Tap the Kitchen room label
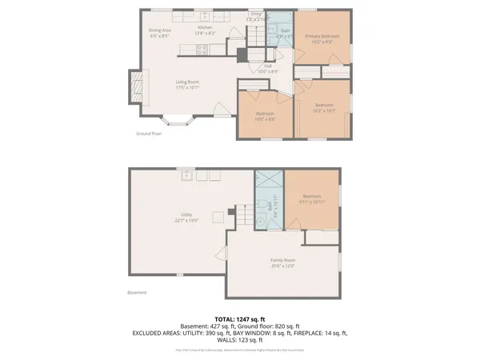[x=206, y=30]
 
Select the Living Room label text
[x=187, y=83]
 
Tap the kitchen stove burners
[x=202, y=50]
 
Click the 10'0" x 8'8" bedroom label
[x=265, y=116]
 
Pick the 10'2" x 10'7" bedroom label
[x=323, y=107]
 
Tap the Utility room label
[x=186, y=217]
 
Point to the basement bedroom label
[x=311, y=199]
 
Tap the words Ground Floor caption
[x=149, y=134]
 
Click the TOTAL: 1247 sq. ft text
[x=239, y=318]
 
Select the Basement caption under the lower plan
[x=137, y=293]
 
